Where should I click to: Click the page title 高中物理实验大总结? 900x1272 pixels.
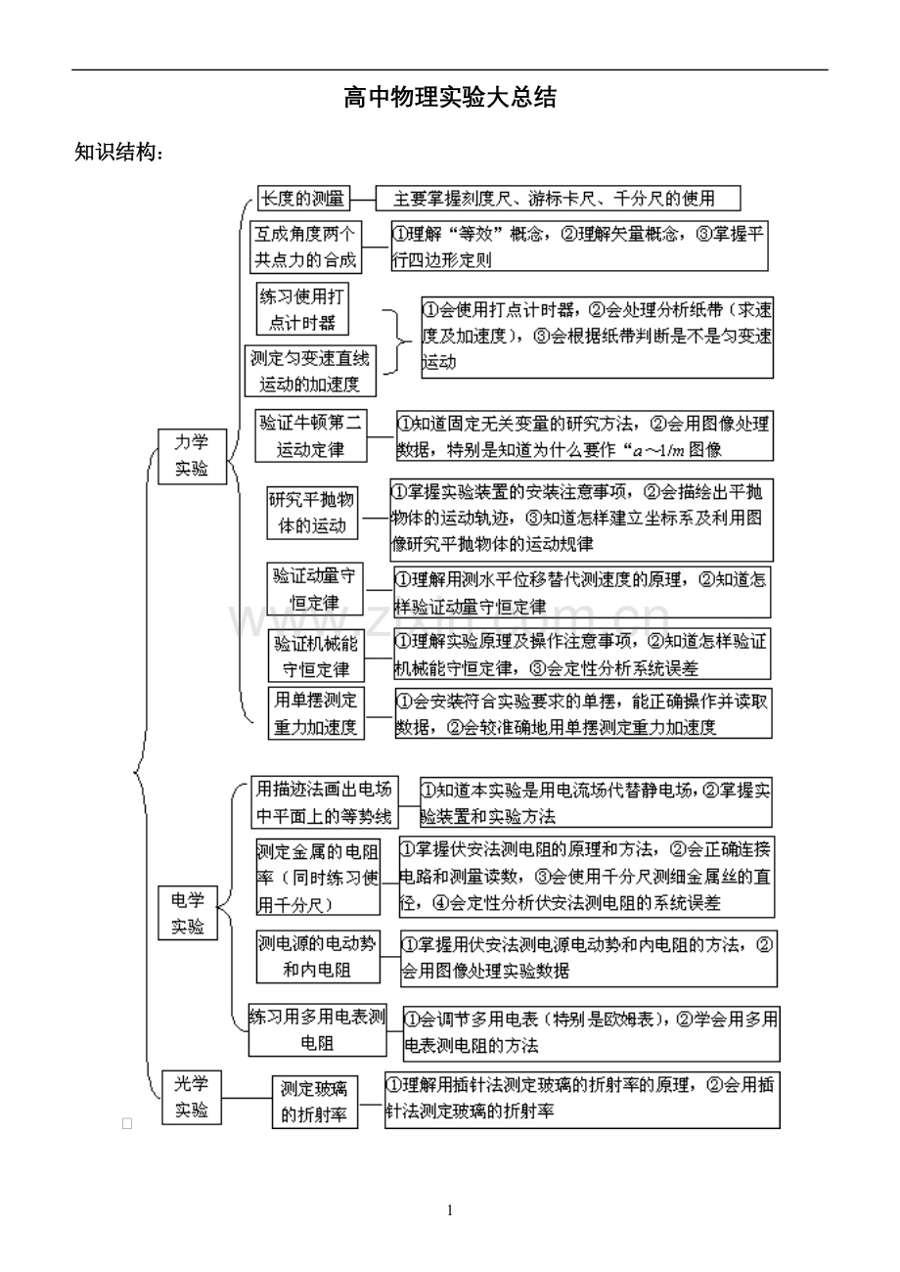[x=450, y=98]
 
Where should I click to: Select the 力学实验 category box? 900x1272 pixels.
[x=193, y=456]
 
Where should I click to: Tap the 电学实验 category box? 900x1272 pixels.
[x=188, y=913]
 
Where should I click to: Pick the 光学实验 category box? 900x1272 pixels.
[x=192, y=1097]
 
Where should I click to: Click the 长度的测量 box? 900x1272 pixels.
[x=302, y=199]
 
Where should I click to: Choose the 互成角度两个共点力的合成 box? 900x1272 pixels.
[x=306, y=247]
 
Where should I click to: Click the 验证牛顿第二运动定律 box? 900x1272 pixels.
[x=310, y=436]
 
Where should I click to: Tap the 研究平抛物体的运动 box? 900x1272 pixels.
[x=313, y=512]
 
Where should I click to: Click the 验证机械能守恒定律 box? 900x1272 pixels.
[x=316, y=657]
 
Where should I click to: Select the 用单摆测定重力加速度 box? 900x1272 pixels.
[x=316, y=713]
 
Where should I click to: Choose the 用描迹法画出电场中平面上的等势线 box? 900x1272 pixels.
[x=324, y=802]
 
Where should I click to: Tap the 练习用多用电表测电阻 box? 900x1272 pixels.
[x=319, y=1029]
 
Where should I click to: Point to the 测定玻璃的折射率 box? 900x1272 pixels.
[x=315, y=1102]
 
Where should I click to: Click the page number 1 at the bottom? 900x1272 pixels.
[x=450, y=1210]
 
